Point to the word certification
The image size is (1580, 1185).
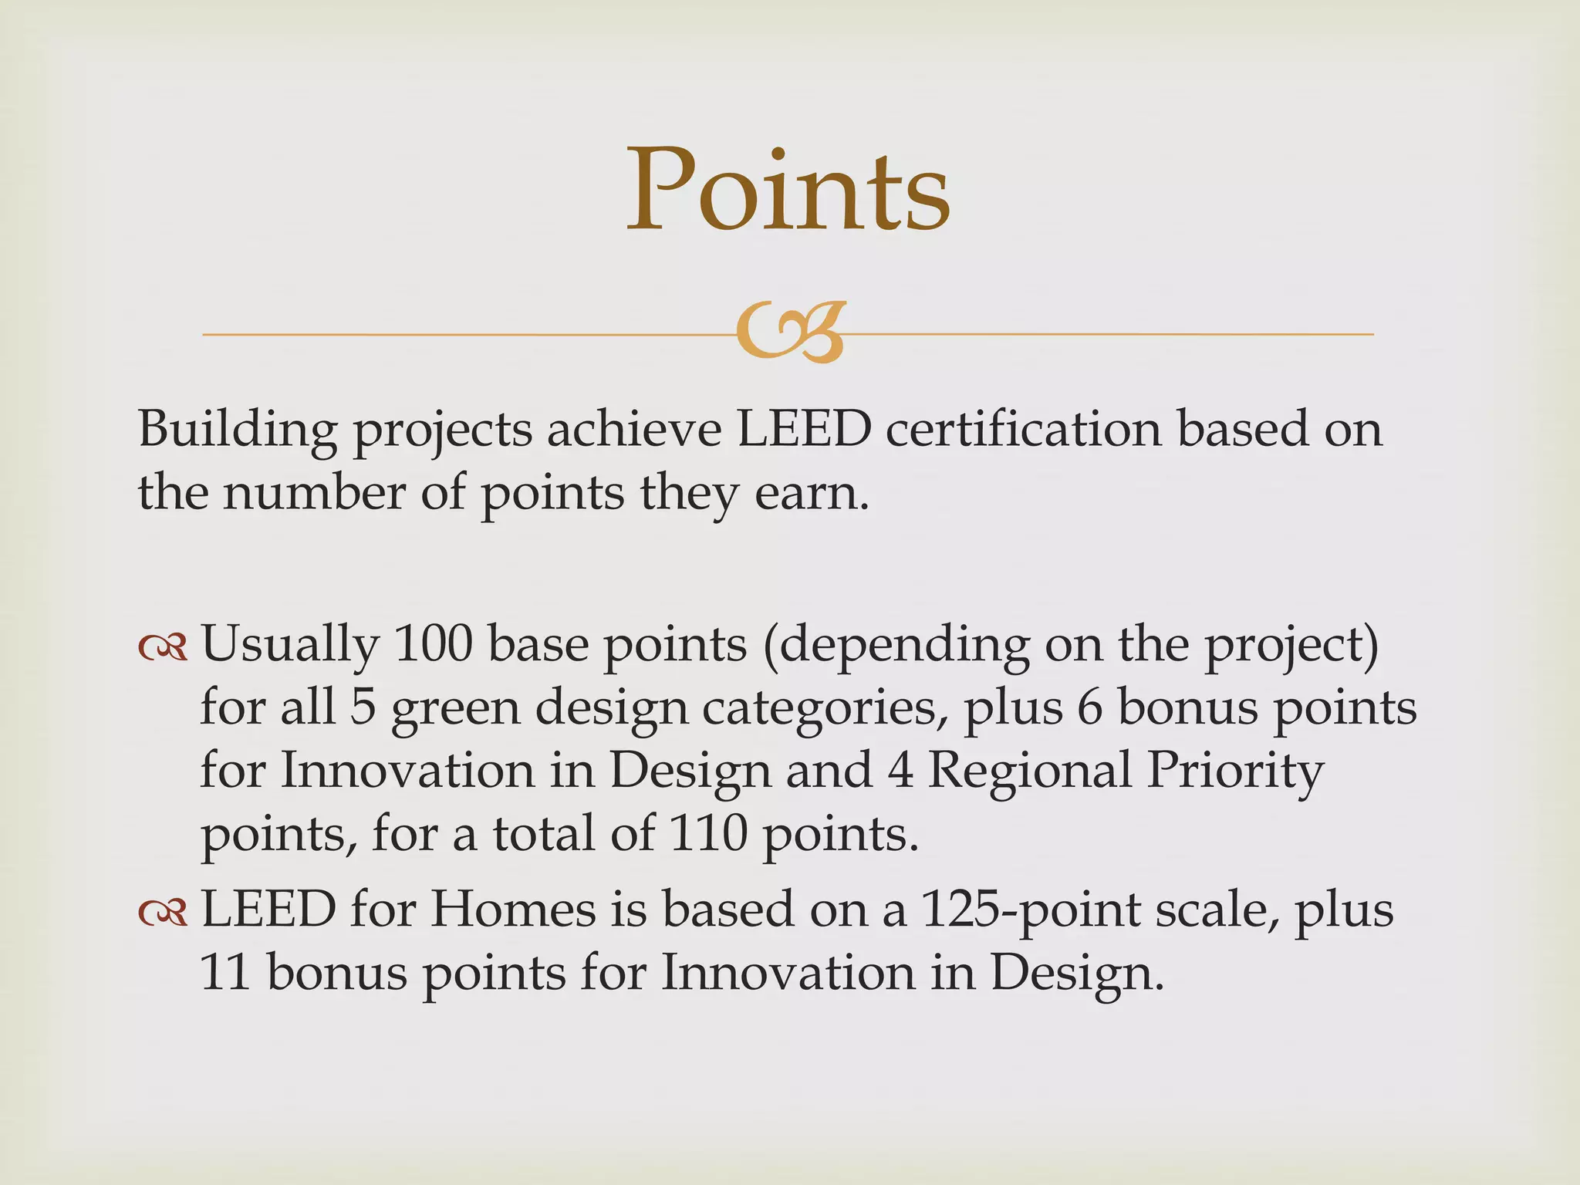coord(1023,429)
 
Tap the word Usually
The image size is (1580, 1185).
coord(290,645)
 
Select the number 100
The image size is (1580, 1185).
coord(433,643)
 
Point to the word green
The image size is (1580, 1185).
coord(456,708)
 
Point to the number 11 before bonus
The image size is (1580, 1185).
coord(225,972)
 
